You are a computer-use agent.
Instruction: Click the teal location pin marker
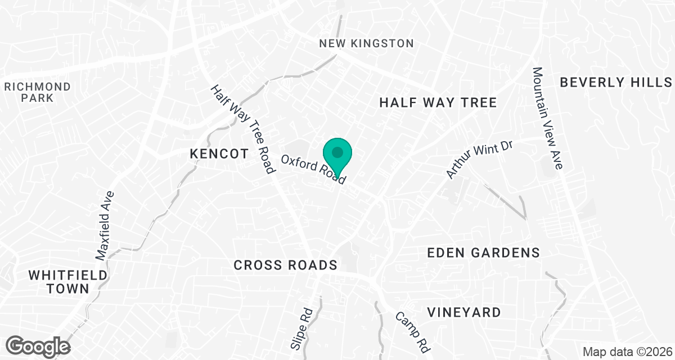click(x=337, y=157)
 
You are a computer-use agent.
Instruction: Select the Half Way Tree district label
click(x=438, y=102)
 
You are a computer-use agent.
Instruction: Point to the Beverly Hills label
click(x=616, y=83)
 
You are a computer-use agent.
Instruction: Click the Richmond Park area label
click(x=38, y=92)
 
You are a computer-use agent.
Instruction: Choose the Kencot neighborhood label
click(x=219, y=154)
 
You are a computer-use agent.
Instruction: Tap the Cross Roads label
click(x=285, y=265)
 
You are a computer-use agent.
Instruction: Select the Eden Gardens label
click(x=483, y=253)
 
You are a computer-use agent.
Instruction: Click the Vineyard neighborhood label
click(x=463, y=312)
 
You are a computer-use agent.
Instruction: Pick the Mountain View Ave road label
click(x=547, y=118)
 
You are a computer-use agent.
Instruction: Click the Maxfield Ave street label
click(x=105, y=226)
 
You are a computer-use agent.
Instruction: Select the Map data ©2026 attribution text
click(x=627, y=352)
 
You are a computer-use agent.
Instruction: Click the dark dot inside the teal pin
click(x=337, y=152)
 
